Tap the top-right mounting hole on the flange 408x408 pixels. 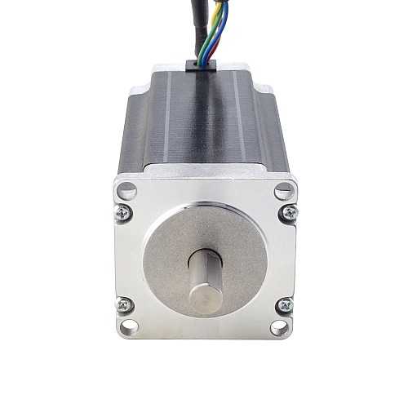[282, 193]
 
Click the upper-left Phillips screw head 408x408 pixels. [125, 212]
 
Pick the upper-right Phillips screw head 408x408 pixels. [285, 212]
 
